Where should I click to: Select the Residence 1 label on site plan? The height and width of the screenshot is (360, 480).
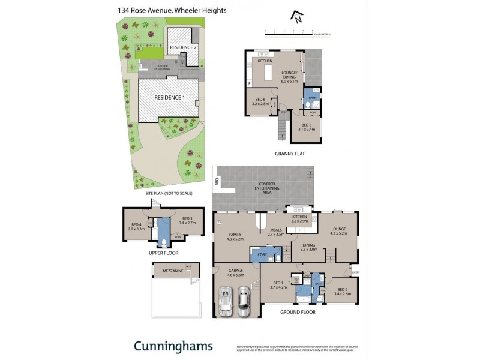(170, 97)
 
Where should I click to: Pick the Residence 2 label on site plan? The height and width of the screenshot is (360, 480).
(182, 47)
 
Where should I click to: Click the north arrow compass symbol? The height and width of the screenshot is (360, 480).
(295, 17)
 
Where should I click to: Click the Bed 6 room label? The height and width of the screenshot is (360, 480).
(260, 101)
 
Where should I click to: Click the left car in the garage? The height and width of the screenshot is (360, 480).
(226, 301)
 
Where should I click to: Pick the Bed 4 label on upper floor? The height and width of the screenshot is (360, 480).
(137, 227)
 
